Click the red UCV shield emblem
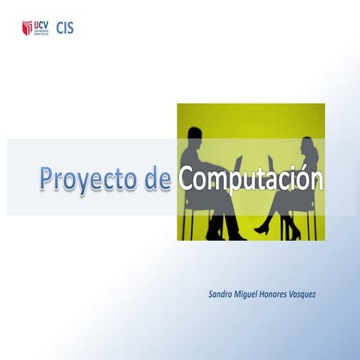(28, 29)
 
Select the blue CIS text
(65, 28)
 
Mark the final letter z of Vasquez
(324, 293)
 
